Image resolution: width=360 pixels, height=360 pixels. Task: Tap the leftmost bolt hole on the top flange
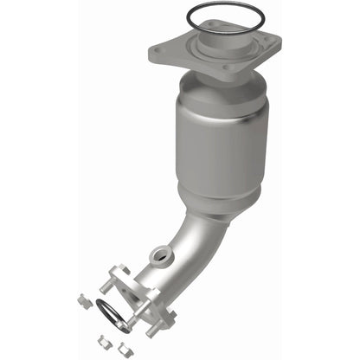(x=156, y=52)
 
